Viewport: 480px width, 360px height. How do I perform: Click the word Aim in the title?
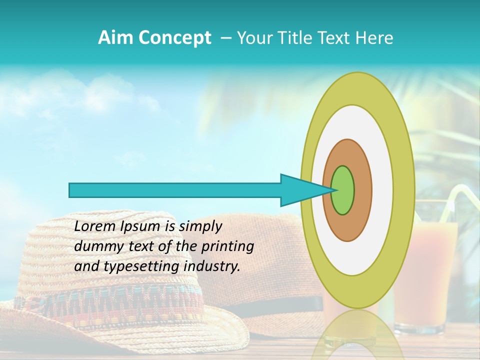115,38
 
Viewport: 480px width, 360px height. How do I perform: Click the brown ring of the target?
362,190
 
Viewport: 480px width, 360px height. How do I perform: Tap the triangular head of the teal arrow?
300,190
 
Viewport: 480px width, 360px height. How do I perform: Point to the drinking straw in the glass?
447,205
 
